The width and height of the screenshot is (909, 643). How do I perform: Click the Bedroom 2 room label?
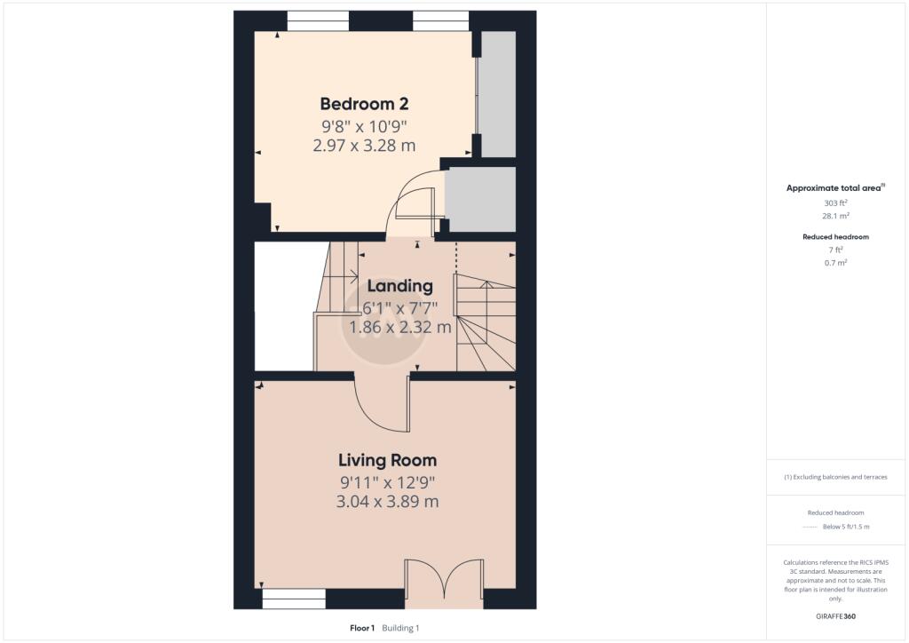[x=364, y=104]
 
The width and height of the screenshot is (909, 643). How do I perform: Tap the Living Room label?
[x=387, y=460]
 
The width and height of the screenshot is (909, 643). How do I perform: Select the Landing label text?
[x=400, y=287]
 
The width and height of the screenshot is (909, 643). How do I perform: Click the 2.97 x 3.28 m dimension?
[x=364, y=146]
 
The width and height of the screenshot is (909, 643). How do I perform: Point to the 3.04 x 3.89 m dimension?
[x=387, y=502]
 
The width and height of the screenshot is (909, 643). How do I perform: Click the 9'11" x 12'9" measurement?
[x=387, y=482]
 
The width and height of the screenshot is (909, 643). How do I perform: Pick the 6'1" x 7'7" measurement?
[x=400, y=308]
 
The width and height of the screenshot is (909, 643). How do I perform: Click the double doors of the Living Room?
[x=444, y=579]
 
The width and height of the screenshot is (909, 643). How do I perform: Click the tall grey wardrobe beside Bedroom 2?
[x=499, y=94]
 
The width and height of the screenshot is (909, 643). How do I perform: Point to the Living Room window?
[x=294, y=599]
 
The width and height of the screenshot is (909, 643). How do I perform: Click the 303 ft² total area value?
[x=835, y=202]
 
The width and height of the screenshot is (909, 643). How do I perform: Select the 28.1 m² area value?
[x=835, y=216]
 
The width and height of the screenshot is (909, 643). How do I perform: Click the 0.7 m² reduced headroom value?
[x=835, y=263]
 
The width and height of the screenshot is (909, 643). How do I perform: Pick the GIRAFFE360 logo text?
[x=835, y=616]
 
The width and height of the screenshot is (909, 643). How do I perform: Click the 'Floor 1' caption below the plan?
[x=362, y=628]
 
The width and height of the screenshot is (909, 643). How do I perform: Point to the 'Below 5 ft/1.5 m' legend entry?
[x=846, y=527]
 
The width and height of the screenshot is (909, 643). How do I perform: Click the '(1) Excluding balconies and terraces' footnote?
[x=835, y=477]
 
